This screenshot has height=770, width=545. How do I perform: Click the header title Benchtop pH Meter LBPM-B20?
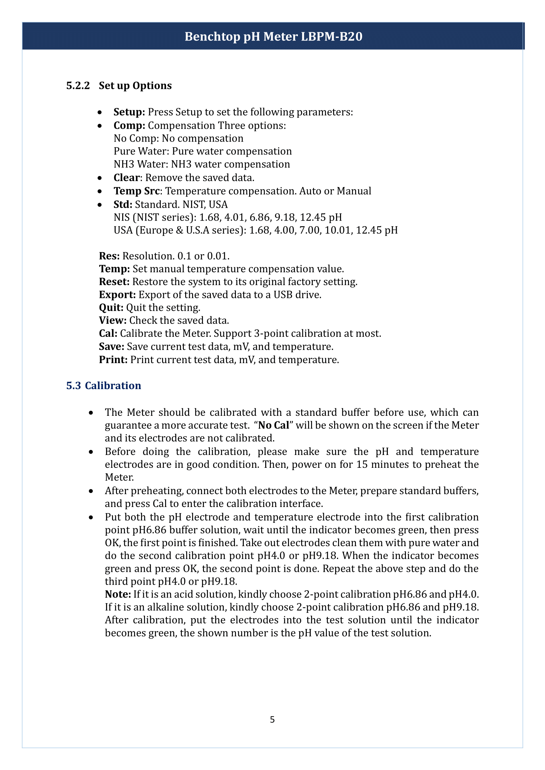pos(273,36)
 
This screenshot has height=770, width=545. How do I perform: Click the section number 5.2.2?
pos(78,86)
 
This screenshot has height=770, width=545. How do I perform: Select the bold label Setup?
pos(129,112)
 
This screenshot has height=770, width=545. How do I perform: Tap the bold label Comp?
pos(129,125)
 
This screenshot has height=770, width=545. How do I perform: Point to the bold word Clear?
pos(127,177)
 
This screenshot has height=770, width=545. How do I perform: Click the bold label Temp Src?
pos(137,191)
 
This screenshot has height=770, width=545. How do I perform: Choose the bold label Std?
pos(123,204)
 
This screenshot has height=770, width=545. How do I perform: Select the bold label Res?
pos(109,256)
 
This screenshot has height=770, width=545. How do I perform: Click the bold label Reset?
pos(114,282)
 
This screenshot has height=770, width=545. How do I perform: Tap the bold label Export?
pos(117,295)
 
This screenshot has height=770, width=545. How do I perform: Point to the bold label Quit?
pos(111,307)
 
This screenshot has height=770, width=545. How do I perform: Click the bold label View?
pos(112,321)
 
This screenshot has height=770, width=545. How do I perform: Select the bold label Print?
pos(113,360)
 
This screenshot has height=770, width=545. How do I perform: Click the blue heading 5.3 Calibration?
pos(103,386)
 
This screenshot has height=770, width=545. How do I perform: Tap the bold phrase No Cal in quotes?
pos(273,425)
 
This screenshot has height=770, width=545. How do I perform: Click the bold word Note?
pos(118,594)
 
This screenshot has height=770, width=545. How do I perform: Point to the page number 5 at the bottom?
pos(272,719)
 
